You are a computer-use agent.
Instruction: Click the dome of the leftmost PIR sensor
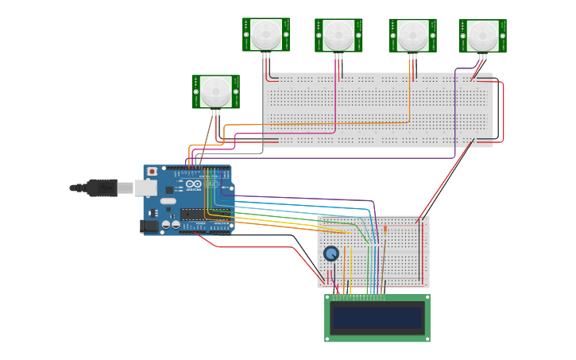(x=215, y=91)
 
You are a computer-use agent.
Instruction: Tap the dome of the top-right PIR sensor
(x=482, y=35)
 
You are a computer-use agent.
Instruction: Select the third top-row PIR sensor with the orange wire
(x=412, y=35)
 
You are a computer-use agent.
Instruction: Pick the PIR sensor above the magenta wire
(x=338, y=34)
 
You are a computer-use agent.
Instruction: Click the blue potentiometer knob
(x=331, y=254)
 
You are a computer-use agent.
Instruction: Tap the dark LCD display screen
(x=377, y=318)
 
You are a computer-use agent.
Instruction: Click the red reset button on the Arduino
(x=152, y=172)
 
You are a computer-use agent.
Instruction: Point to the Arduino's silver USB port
(x=145, y=188)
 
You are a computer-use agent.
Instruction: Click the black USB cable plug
(x=102, y=188)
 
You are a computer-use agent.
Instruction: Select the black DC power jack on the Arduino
(x=149, y=226)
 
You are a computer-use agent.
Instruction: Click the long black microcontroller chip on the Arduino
(x=205, y=214)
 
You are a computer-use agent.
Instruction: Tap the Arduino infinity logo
(x=193, y=184)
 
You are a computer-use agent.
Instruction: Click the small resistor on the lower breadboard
(x=385, y=230)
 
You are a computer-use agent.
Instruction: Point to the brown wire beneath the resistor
(x=384, y=262)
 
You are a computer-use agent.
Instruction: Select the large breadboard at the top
(x=377, y=110)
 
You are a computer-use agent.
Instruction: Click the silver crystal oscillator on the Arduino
(x=168, y=202)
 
